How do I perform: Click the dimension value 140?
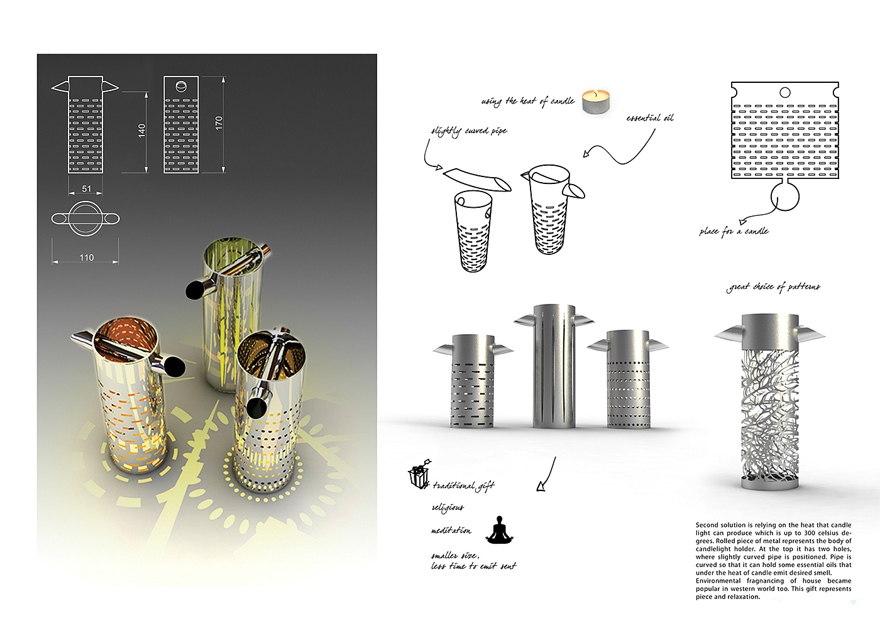click(142, 131)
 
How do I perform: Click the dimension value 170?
click(219, 122)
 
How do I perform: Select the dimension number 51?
click(87, 188)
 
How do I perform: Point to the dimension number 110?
click(87, 257)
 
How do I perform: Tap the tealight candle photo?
click(597, 102)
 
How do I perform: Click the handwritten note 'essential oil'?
click(649, 118)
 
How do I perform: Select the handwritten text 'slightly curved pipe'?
click(469, 131)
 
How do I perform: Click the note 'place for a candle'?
click(734, 231)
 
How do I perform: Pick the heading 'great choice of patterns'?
click(774, 287)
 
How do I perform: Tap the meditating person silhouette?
click(499, 530)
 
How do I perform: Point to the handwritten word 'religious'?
click(448, 507)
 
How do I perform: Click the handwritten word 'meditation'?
click(451, 531)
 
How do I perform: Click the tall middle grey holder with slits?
click(554, 367)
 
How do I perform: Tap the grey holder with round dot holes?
click(629, 380)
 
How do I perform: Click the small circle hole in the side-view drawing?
click(181, 87)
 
